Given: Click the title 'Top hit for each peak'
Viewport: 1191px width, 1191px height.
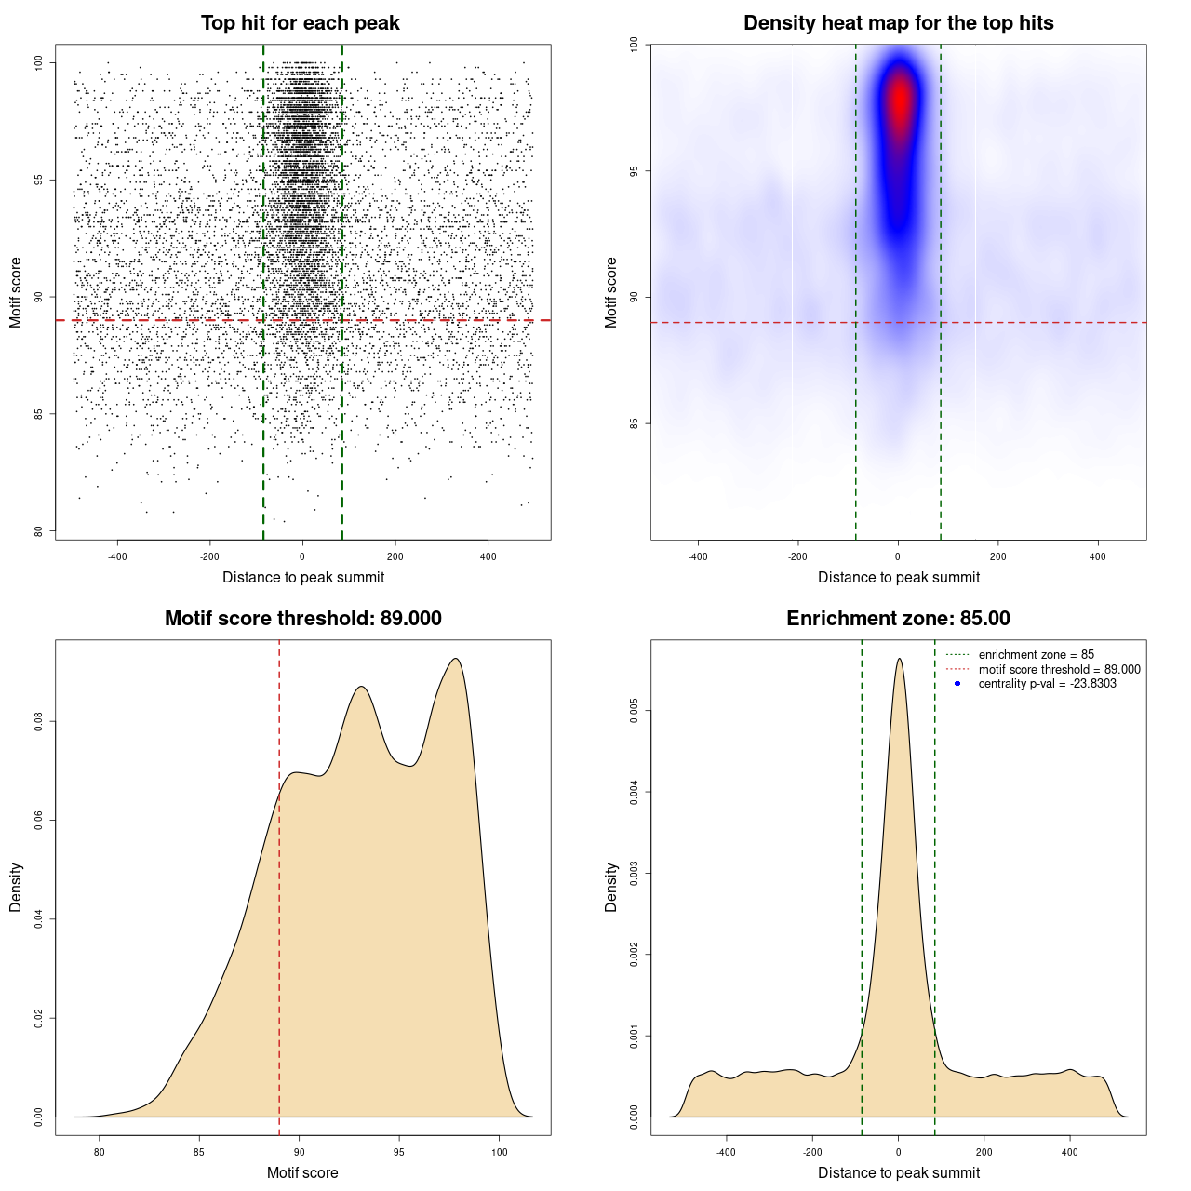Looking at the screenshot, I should coord(301,23).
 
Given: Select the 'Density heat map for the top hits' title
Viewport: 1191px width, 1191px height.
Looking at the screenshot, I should coord(898,23).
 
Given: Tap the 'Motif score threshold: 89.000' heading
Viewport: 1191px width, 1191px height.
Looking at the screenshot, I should coord(302,619).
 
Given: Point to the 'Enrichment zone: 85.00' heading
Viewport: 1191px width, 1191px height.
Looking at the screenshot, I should coord(898,619).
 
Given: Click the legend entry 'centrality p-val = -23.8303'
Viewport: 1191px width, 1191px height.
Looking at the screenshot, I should coord(1047,684).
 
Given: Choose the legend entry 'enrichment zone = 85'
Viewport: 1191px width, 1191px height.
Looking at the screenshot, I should coord(1036,655).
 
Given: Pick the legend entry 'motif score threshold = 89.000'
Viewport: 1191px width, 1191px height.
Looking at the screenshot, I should coord(1059,670).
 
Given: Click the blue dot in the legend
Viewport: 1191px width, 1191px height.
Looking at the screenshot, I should coord(957,684).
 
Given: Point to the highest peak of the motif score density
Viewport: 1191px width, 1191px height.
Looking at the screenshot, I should coord(456,659).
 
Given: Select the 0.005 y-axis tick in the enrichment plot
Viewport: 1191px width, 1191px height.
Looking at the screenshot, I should coord(635,712).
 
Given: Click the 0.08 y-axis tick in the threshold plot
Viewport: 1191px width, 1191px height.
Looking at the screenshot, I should coord(38,721).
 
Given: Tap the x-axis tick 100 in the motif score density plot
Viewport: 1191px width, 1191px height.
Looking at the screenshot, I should coord(500,1152).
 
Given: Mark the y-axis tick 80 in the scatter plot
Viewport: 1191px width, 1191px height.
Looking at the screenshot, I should coord(38,531).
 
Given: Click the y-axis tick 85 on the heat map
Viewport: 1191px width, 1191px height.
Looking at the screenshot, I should coord(635,423).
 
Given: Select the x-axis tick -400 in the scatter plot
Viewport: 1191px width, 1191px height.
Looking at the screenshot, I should coord(117,556).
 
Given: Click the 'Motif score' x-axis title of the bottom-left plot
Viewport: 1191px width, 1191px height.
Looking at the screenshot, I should coord(302,1172).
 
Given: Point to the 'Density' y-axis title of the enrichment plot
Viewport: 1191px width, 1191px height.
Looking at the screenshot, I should coord(611,887).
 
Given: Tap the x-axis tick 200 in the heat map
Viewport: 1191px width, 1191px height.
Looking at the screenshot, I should coord(998,556).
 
